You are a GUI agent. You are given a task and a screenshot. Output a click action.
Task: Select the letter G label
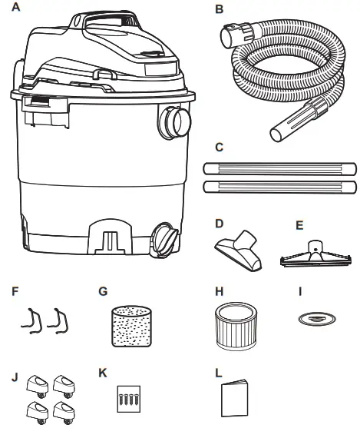104,292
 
